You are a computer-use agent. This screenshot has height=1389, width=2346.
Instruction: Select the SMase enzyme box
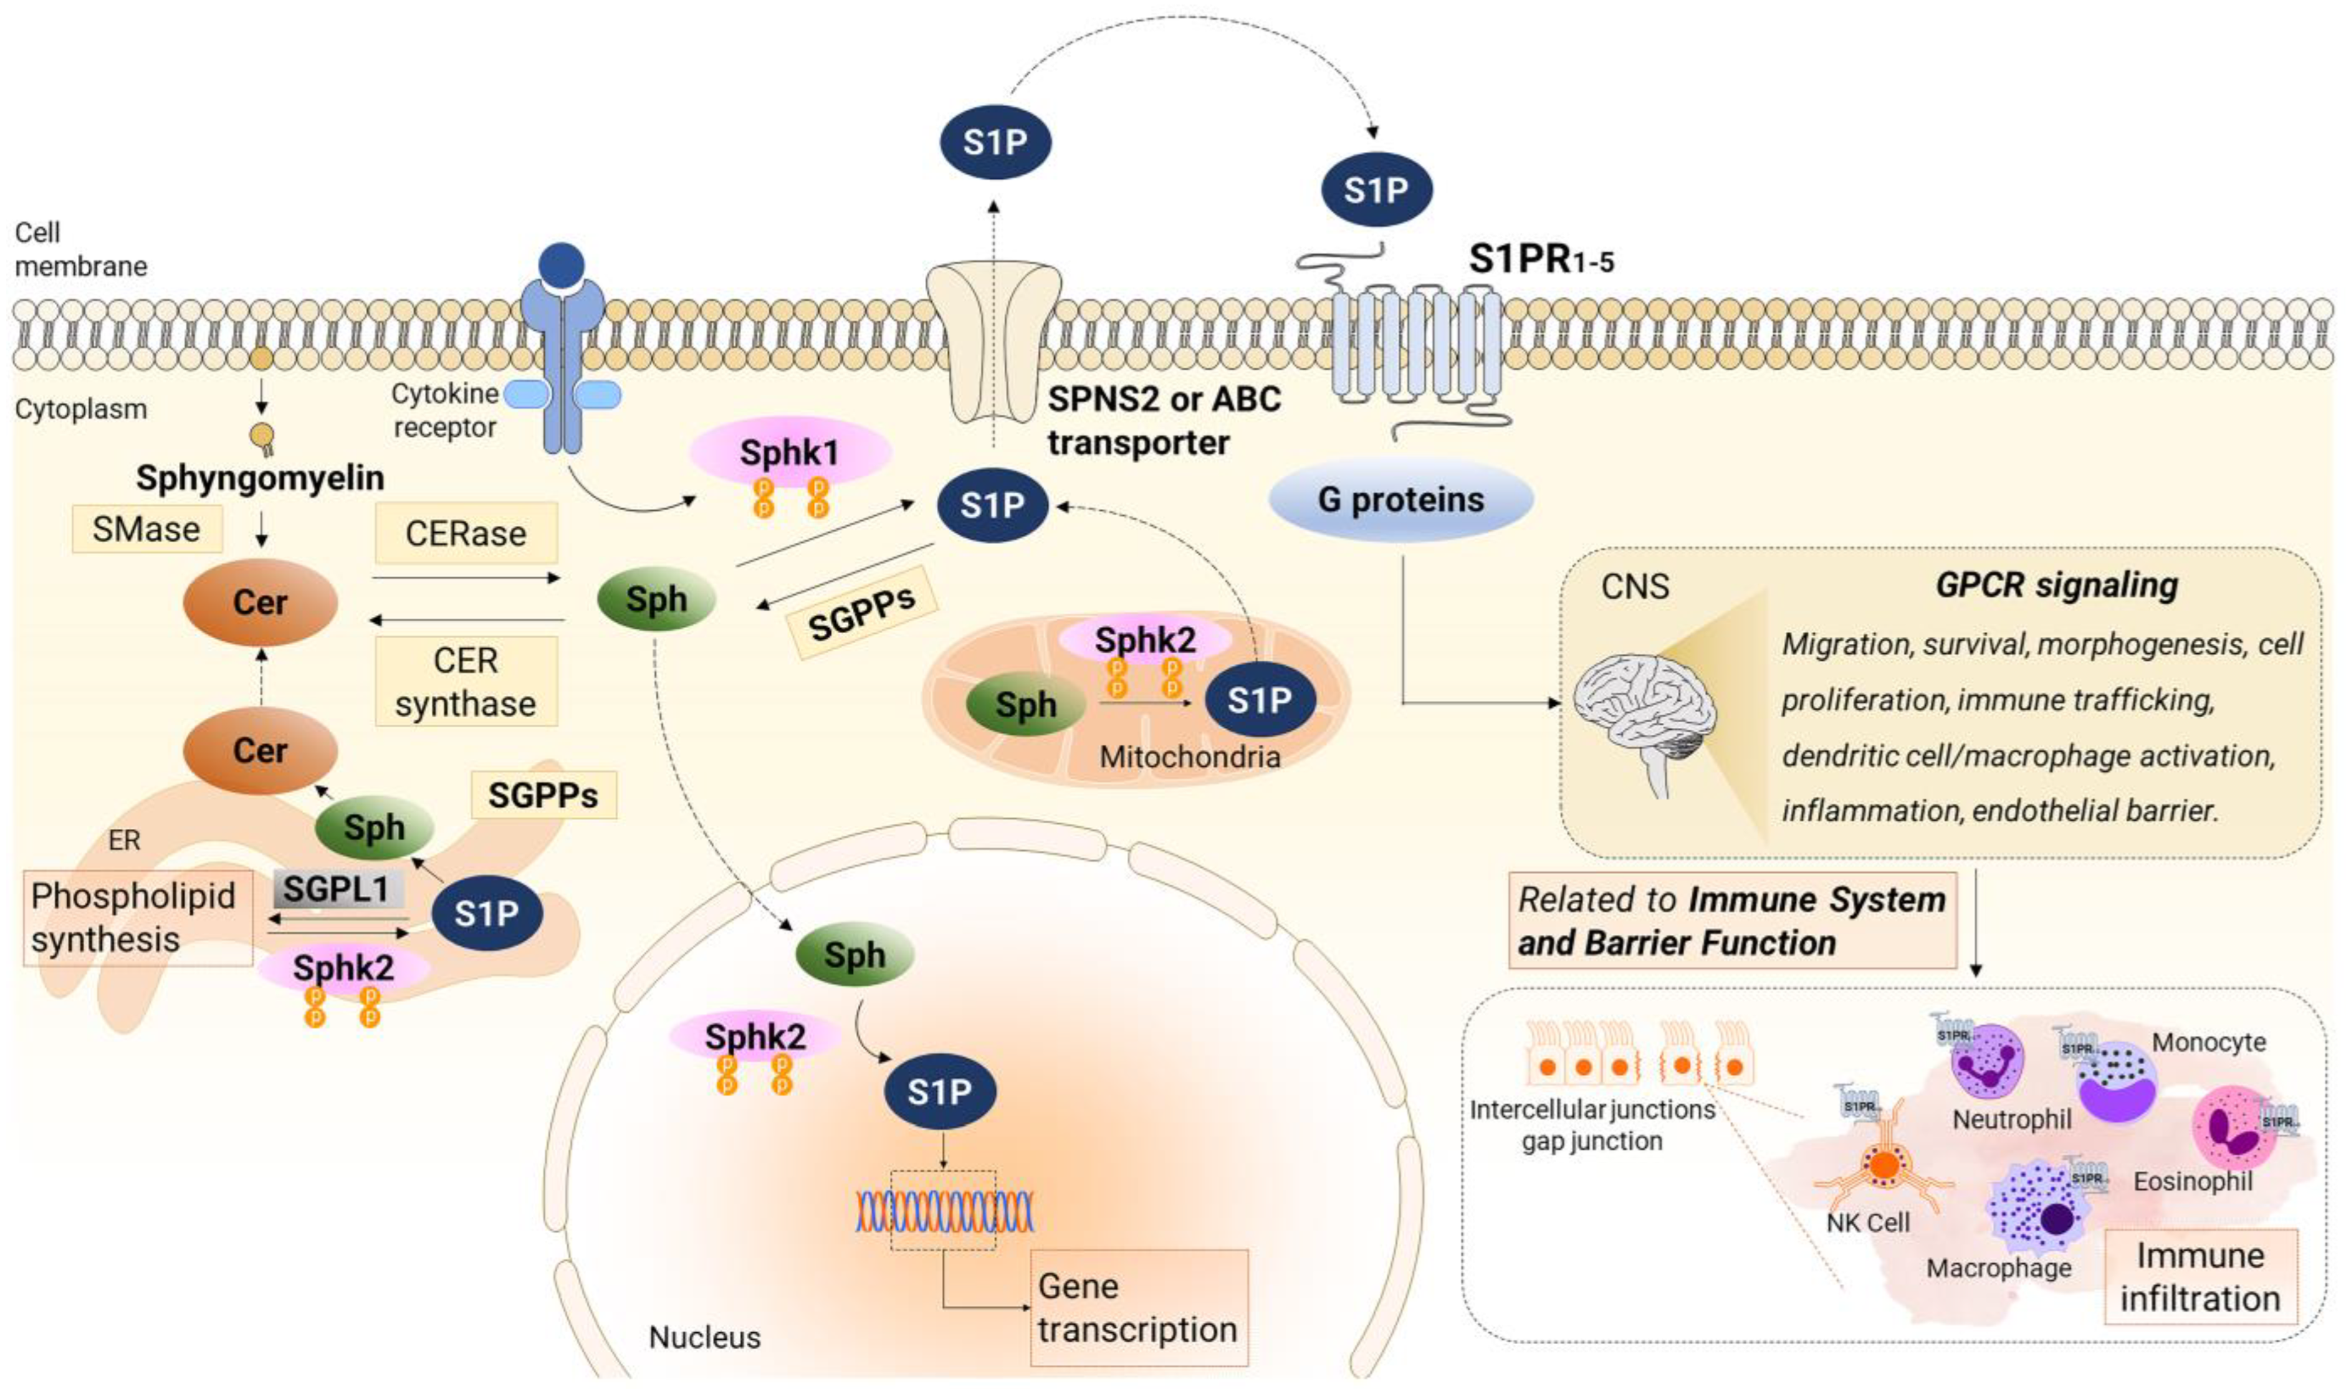pos(147,530)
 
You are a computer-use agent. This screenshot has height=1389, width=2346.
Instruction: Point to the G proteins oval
pos(1400,500)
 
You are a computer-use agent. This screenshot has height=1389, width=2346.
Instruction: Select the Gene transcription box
pos(1137,1307)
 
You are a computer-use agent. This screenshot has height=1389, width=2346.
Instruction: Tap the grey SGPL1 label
pos(337,888)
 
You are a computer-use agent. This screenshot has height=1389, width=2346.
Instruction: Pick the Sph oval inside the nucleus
pos(854,955)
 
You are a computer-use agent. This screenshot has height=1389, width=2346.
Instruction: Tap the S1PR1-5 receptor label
pos(1540,259)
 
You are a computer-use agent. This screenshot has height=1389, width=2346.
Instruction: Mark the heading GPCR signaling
pos(2056,585)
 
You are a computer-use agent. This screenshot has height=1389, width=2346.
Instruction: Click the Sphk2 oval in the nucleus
pos(755,1037)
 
